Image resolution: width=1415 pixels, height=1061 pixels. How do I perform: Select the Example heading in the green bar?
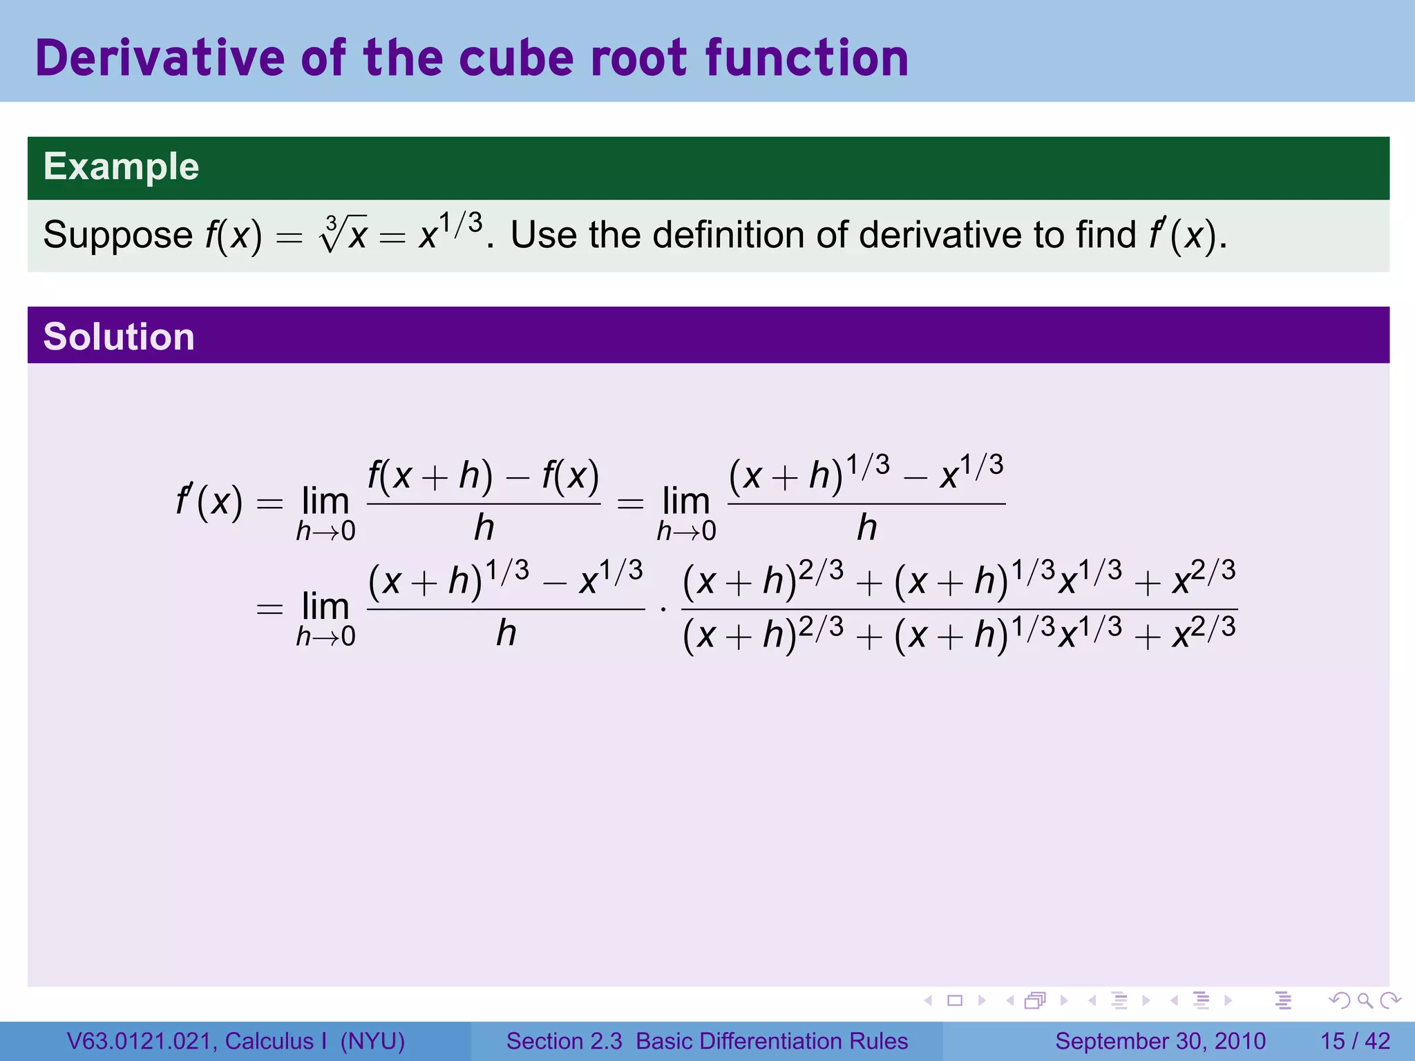[122, 167]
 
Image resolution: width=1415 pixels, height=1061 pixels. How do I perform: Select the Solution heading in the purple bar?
[119, 337]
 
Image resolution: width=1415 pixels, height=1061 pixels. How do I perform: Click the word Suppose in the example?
[117, 236]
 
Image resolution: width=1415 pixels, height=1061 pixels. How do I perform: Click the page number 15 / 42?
[1355, 1041]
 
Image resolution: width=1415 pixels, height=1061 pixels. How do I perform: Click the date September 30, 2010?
[1160, 1041]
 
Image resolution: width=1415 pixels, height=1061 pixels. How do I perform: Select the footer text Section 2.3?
[564, 1041]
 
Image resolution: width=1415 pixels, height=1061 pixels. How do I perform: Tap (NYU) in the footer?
[372, 1041]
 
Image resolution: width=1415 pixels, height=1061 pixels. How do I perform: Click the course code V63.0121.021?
[141, 1041]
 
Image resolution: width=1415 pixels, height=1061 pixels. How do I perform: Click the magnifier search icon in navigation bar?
[1365, 1000]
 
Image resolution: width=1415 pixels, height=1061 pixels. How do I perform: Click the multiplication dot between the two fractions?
[663, 610]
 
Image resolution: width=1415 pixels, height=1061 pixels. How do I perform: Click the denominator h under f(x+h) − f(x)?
[484, 528]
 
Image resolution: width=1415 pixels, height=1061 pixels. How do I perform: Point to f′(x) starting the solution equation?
[209, 501]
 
